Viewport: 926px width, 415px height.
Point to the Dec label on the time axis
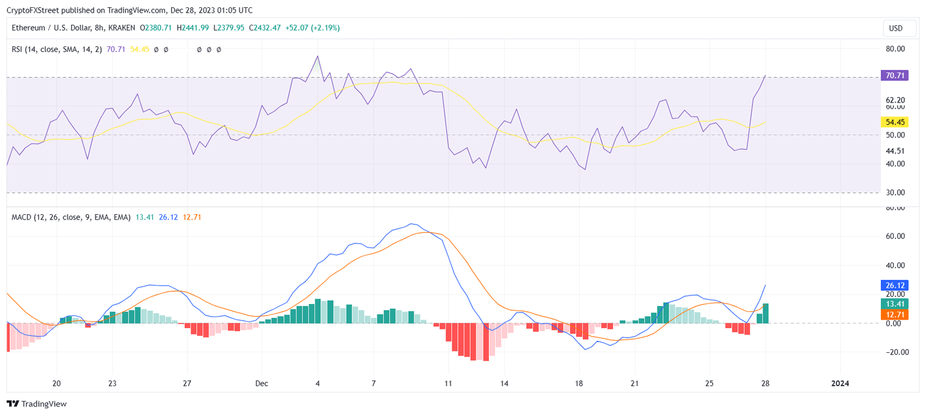point(262,384)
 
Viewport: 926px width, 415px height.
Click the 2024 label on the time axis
point(840,384)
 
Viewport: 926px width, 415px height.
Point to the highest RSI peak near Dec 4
point(318,56)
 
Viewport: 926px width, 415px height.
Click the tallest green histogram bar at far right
point(766,313)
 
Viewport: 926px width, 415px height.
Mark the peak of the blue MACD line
point(412,224)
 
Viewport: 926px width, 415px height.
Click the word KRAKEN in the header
point(122,28)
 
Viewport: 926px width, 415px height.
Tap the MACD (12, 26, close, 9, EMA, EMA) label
point(71,217)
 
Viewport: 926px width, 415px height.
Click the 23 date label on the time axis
point(113,384)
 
